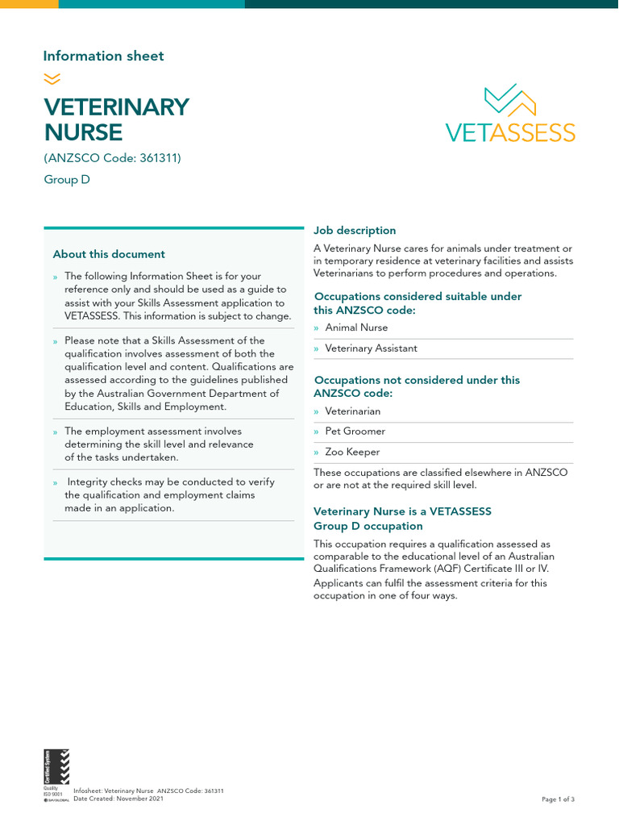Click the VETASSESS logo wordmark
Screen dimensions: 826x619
click(x=510, y=132)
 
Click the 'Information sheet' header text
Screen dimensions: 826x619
click(x=103, y=56)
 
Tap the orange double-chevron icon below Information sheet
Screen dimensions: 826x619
click(x=52, y=78)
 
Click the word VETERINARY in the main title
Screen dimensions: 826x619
click(x=116, y=106)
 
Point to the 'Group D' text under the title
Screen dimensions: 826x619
click(x=67, y=180)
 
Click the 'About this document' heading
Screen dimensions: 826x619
click(x=109, y=254)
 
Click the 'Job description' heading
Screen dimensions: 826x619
click(x=355, y=231)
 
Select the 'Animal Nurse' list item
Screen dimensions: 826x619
click(x=356, y=327)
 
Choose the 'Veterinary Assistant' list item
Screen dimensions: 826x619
click(x=371, y=348)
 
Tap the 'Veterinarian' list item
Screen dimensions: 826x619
click(x=352, y=411)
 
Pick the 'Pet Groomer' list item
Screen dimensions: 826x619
click(x=355, y=432)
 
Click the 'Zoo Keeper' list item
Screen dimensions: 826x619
click(x=352, y=453)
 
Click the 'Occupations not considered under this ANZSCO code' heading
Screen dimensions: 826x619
click(x=416, y=386)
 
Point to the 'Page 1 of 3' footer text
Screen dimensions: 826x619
click(x=558, y=799)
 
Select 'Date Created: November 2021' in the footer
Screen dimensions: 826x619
click(x=118, y=799)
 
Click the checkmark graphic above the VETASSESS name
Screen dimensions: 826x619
click(x=510, y=101)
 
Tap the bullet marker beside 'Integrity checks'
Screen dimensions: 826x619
click(x=55, y=482)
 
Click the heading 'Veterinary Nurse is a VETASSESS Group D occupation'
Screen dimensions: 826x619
click(x=402, y=519)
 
